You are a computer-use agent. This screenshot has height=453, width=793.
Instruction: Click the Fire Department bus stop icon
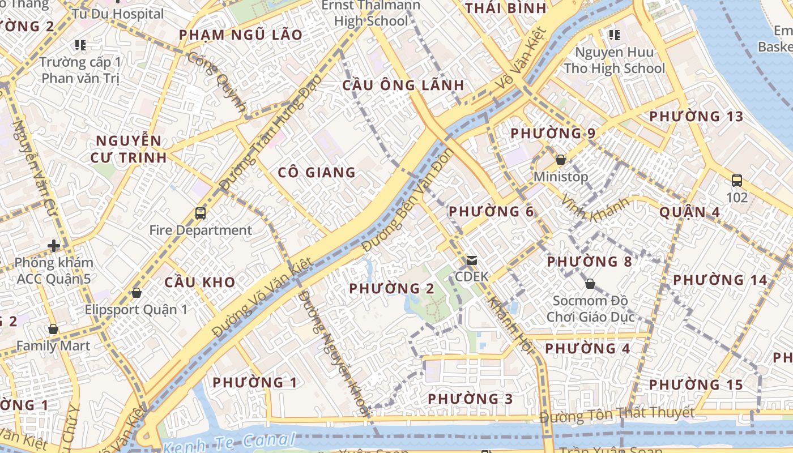201,213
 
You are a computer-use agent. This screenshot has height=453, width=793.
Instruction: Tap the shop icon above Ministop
561,160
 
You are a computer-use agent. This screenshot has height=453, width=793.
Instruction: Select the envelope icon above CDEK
471,260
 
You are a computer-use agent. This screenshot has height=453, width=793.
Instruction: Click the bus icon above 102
737,181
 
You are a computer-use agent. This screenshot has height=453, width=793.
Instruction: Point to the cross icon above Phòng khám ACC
54,246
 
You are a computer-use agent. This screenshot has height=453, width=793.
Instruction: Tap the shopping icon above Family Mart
53,329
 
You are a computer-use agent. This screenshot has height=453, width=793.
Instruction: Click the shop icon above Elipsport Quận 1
136,293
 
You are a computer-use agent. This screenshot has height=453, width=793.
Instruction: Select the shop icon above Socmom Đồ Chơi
590,283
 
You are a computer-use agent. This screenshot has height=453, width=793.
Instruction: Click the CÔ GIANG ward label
317,173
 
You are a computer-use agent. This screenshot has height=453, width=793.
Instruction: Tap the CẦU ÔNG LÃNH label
403,86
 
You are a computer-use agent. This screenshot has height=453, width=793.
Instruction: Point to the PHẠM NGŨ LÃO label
241,35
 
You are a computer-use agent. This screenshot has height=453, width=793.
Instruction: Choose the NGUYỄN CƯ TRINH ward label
129,149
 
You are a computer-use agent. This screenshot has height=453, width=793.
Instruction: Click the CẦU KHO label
200,282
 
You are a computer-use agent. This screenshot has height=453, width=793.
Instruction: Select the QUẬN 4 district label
690,212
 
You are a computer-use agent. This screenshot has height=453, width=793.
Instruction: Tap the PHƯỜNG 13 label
696,117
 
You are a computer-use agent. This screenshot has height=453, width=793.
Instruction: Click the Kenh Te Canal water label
229,442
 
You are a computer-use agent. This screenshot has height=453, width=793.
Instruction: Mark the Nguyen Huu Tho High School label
615,61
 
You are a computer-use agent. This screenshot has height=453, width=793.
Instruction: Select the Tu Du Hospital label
118,14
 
